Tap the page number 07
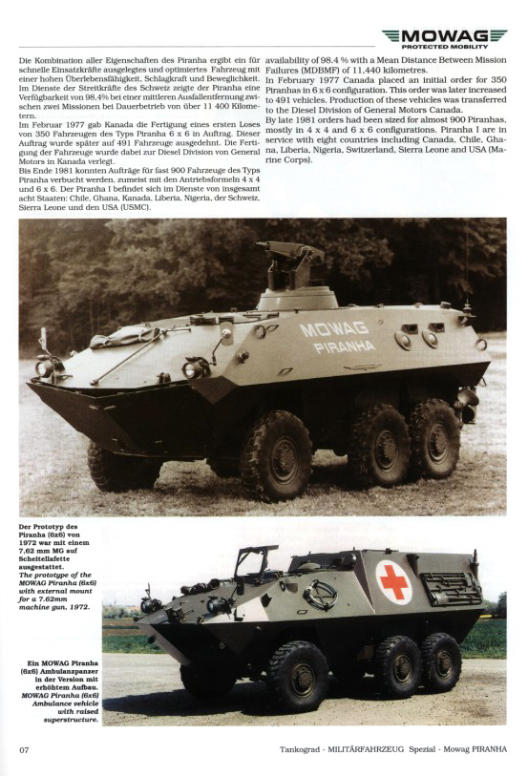point(25,747)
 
